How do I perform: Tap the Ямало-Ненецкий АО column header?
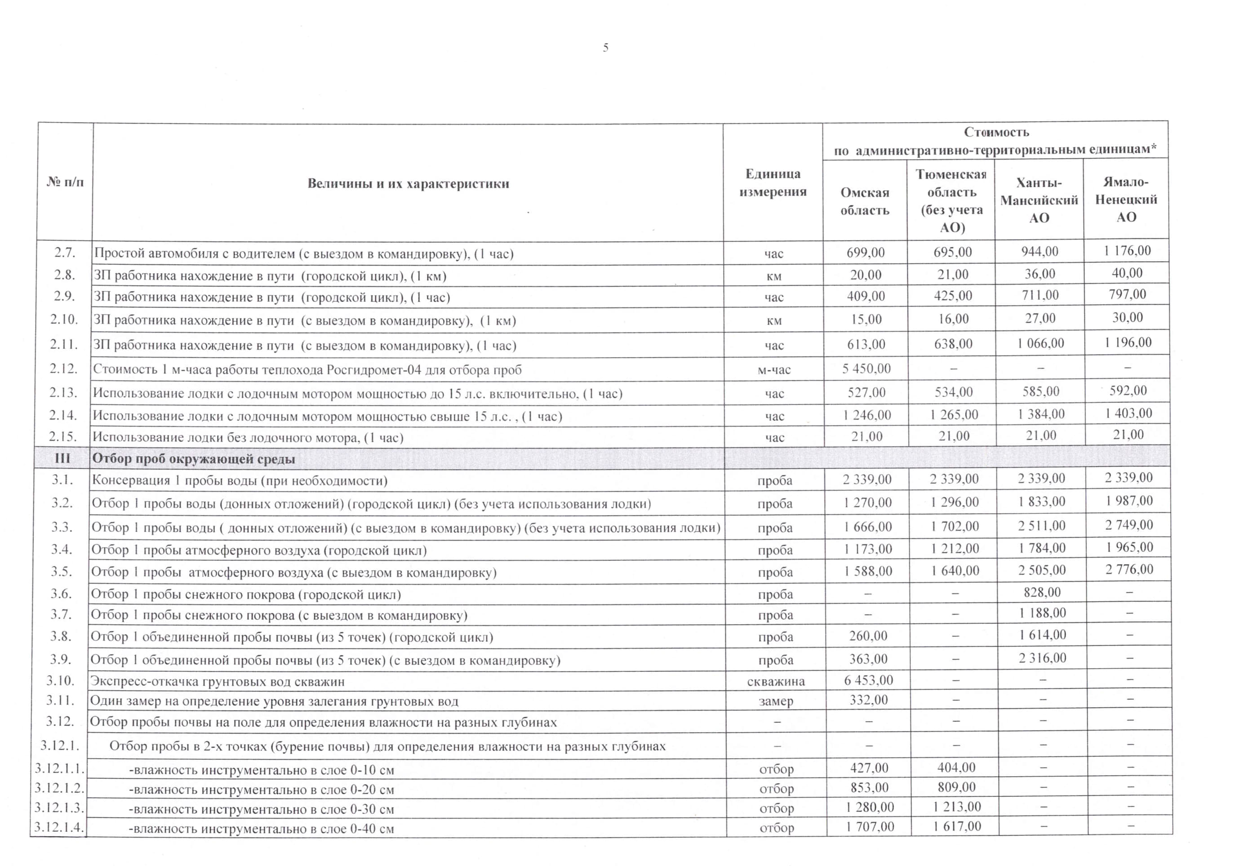(1126, 200)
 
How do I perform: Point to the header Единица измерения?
(773, 183)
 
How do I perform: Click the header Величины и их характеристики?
(408, 183)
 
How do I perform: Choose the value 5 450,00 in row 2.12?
(866, 369)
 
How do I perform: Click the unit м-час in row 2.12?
(774, 370)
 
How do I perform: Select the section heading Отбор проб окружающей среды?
(194, 459)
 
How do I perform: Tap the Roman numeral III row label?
(62, 458)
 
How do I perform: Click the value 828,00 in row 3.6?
(1042, 593)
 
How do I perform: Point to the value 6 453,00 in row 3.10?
(868, 680)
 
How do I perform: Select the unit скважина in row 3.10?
(776, 681)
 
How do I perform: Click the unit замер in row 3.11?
(776, 702)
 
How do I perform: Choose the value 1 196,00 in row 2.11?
(1128, 342)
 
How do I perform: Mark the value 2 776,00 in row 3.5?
(1129, 570)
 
